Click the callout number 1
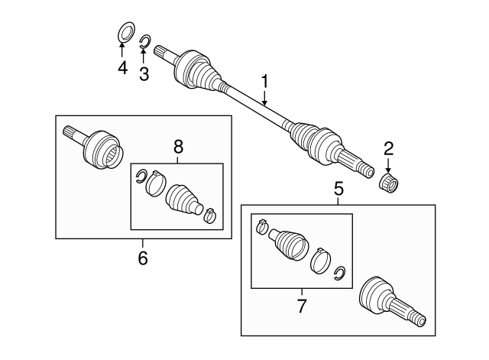tap(265, 80)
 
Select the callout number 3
tap(144, 73)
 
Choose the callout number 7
tap(301, 307)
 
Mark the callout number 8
tap(178, 146)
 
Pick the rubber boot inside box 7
tap(289, 242)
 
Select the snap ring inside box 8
tap(141, 178)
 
